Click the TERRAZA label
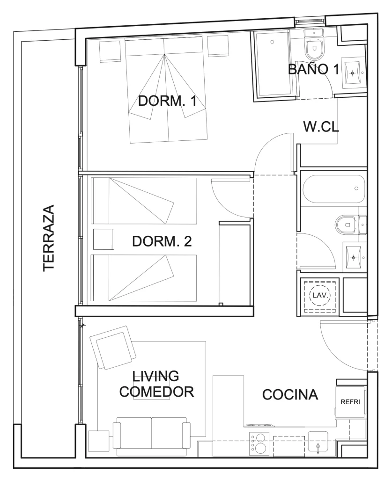49,238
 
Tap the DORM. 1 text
167,101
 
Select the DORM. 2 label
162,241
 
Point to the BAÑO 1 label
313,69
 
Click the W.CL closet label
321,126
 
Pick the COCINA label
290,395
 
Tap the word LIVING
155,376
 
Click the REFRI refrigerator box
350,402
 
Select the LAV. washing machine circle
320,296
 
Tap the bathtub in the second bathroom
334,189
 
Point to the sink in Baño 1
354,73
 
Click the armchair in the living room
113,348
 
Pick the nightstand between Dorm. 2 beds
104,239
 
